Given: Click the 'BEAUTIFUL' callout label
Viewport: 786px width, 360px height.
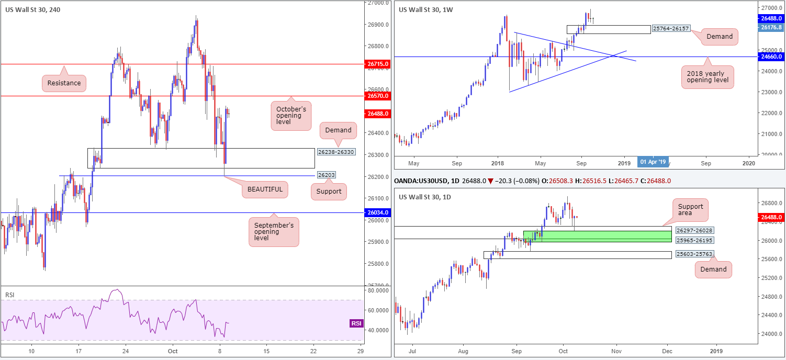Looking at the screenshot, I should [265, 189].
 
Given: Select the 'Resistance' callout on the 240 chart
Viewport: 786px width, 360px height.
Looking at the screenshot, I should [64, 83].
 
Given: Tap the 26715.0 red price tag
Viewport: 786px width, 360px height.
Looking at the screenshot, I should [378, 64].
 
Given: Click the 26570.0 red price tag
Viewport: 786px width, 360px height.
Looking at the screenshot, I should [378, 96].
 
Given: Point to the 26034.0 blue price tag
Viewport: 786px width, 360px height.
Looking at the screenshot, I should [378, 212].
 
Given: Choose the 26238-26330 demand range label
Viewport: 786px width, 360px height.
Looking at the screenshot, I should [336, 152].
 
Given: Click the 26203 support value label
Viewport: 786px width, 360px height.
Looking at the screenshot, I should [326, 175].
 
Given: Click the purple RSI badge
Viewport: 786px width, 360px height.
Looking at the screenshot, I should [356, 323].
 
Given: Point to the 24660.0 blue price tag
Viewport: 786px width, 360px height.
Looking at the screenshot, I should [771, 56].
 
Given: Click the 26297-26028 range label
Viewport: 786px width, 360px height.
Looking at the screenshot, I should [693, 230].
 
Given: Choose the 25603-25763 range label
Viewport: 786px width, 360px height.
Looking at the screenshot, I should [693, 254].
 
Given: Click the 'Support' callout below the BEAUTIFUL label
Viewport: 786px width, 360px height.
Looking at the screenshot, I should [328, 192].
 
